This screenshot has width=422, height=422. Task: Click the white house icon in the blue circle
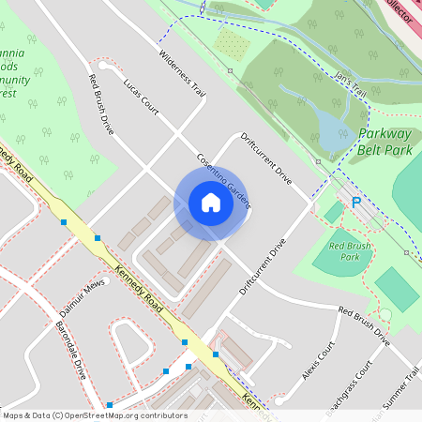pyautogui.click(x=210, y=203)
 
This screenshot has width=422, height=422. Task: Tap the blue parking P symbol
pyautogui.click(x=355, y=202)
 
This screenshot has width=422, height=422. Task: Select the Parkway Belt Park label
pyautogui.click(x=386, y=142)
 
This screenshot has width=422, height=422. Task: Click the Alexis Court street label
pyautogui.click(x=318, y=361)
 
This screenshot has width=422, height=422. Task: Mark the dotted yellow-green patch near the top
pyautogui.click(x=231, y=42)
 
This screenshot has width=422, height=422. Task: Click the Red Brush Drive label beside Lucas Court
pyautogui.click(x=100, y=104)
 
